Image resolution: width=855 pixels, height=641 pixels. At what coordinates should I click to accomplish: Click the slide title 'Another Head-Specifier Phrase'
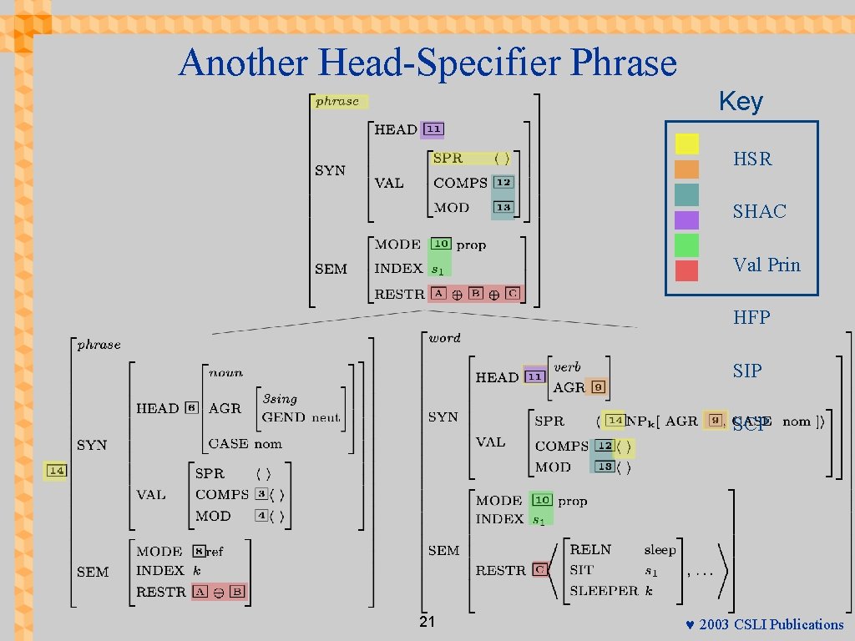click(x=427, y=63)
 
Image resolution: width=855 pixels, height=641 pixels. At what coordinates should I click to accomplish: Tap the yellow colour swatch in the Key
click(x=686, y=144)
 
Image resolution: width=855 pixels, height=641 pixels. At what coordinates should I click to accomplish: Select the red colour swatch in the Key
click(x=686, y=270)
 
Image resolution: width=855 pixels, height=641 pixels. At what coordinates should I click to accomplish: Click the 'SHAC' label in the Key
click(x=759, y=212)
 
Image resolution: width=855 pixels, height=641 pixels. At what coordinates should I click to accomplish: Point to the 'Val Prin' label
click(x=766, y=265)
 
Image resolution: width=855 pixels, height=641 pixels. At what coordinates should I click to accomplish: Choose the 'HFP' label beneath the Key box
click(x=751, y=318)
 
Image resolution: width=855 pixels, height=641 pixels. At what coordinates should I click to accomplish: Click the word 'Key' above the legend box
click(x=741, y=102)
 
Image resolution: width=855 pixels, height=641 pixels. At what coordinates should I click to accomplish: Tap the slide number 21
click(x=427, y=623)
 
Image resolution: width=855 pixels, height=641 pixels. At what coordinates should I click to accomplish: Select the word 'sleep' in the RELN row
click(x=660, y=550)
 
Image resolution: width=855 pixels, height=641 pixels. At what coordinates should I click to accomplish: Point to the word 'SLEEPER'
click(x=603, y=591)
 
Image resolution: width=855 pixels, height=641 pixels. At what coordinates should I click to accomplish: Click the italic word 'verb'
click(x=567, y=367)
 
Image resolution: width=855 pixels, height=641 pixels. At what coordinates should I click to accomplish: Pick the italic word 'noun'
click(x=225, y=373)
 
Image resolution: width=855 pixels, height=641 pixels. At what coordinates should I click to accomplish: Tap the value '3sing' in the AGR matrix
click(x=279, y=399)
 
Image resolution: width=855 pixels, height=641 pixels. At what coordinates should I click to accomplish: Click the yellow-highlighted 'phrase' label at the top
click(x=336, y=102)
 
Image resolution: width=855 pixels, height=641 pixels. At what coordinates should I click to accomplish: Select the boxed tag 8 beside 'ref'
click(x=199, y=552)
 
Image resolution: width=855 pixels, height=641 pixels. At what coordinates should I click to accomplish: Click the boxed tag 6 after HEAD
click(x=192, y=408)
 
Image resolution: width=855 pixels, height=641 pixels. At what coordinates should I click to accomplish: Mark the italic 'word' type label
click(x=444, y=338)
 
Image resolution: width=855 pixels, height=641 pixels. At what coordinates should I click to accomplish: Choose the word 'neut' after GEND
click(x=326, y=417)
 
